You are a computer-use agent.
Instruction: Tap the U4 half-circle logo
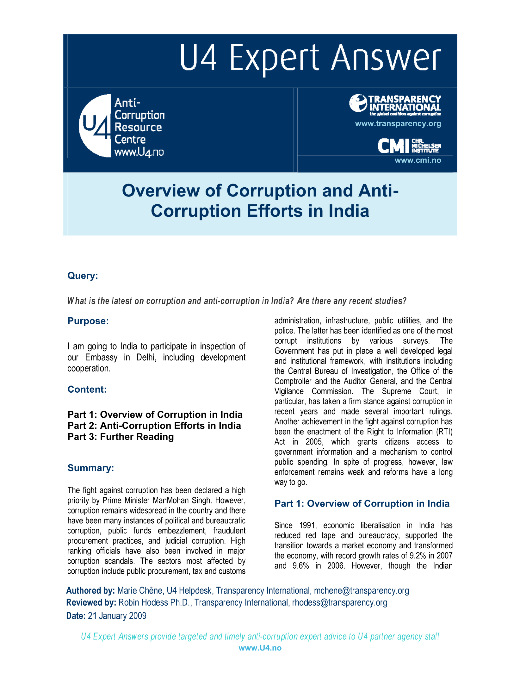click(95, 126)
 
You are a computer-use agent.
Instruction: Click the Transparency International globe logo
click(358, 103)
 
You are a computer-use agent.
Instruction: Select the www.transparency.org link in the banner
click(398, 124)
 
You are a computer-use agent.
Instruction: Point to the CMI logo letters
click(393, 146)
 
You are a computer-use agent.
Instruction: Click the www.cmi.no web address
click(418, 160)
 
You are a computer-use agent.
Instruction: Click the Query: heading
click(83, 276)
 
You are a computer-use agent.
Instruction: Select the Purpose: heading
click(88, 321)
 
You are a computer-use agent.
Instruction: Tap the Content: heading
click(87, 389)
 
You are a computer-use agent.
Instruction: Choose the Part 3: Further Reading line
click(121, 437)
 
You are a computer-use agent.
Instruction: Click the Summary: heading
click(91, 468)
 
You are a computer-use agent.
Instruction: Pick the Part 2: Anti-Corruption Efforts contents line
click(154, 426)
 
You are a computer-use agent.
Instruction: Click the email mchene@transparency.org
click(361, 590)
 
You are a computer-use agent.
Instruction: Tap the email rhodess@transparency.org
click(339, 602)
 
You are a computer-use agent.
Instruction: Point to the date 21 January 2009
click(117, 616)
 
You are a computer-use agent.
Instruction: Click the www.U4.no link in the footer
click(260, 648)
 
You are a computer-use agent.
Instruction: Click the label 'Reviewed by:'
click(91, 602)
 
